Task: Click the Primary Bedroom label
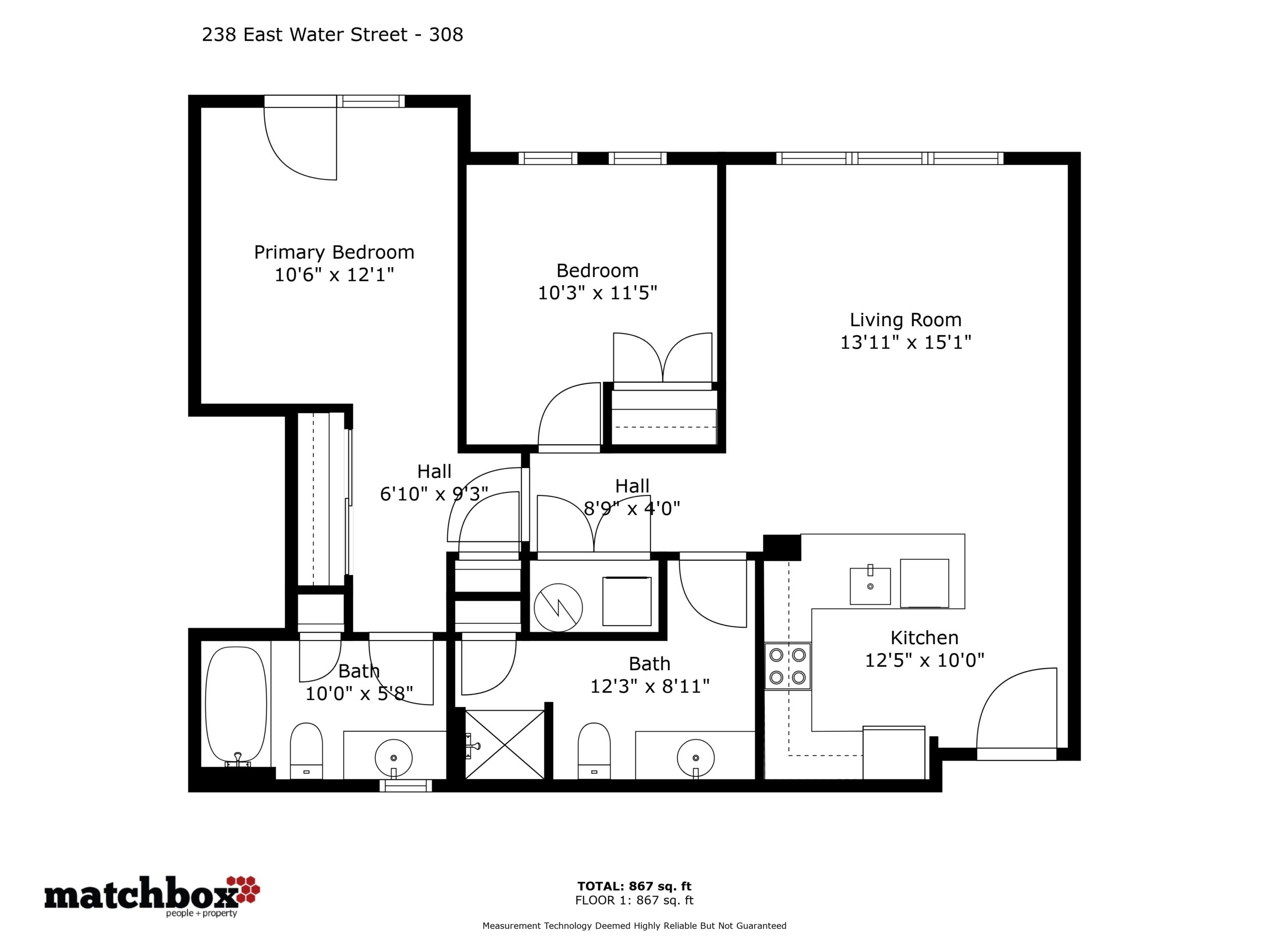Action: pyautogui.click(x=334, y=252)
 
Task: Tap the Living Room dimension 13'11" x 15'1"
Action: pyautogui.click(x=905, y=343)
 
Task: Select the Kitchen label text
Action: pyautogui.click(x=924, y=638)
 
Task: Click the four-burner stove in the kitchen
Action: pyautogui.click(x=787, y=666)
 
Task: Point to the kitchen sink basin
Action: pyautogui.click(x=870, y=586)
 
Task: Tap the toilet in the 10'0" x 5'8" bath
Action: pyautogui.click(x=306, y=751)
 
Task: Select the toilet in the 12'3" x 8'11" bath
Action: pyautogui.click(x=594, y=751)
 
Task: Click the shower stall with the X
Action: pyautogui.click(x=504, y=745)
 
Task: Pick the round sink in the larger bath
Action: pyautogui.click(x=695, y=758)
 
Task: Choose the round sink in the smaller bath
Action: pyautogui.click(x=394, y=758)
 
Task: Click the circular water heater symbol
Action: pyautogui.click(x=558, y=608)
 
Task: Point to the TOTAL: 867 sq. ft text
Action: pyautogui.click(x=634, y=887)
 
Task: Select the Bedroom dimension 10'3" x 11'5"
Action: pyautogui.click(x=597, y=293)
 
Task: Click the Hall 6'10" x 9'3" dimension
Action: pyautogui.click(x=434, y=493)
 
